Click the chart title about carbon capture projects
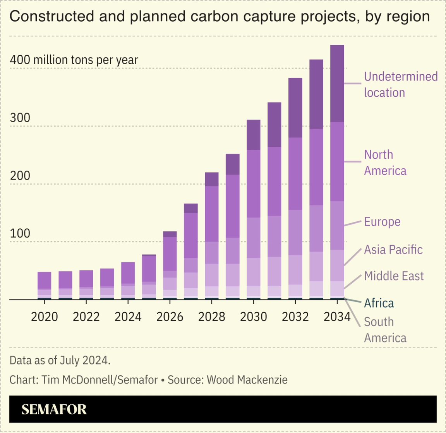(x=219, y=17)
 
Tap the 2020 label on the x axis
(x=44, y=317)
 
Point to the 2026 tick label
(x=170, y=317)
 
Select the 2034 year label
(x=337, y=317)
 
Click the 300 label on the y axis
(x=20, y=118)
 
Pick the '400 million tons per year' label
(x=74, y=60)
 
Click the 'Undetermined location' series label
(x=400, y=84)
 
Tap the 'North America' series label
(x=385, y=163)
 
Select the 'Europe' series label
(x=382, y=222)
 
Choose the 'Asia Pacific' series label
(x=393, y=250)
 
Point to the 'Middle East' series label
(x=394, y=276)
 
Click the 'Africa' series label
(x=379, y=303)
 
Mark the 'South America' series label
(x=385, y=330)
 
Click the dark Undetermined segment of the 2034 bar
(x=337, y=83)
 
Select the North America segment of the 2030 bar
(x=254, y=183)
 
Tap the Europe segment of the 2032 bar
(x=295, y=232)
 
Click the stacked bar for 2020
(x=44, y=285)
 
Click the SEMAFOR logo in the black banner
(x=54, y=409)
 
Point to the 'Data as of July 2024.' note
(x=60, y=360)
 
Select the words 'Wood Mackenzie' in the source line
(x=247, y=380)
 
